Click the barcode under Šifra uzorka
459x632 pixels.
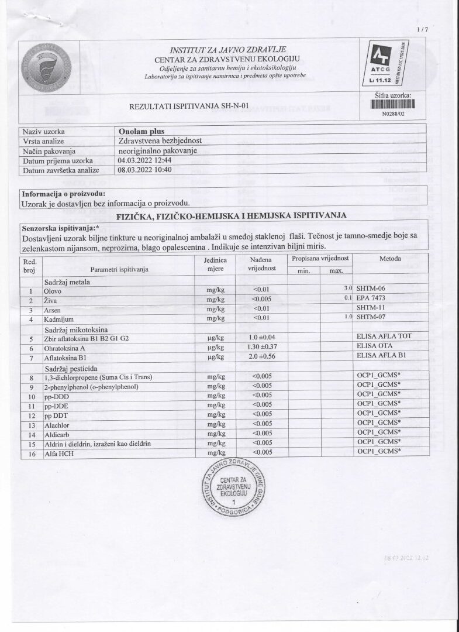coord(393,105)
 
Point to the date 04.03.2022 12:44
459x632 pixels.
coord(144,160)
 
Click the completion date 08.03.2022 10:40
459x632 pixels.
coord(144,170)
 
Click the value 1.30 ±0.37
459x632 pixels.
coord(261,347)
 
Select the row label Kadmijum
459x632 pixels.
coord(59,319)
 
